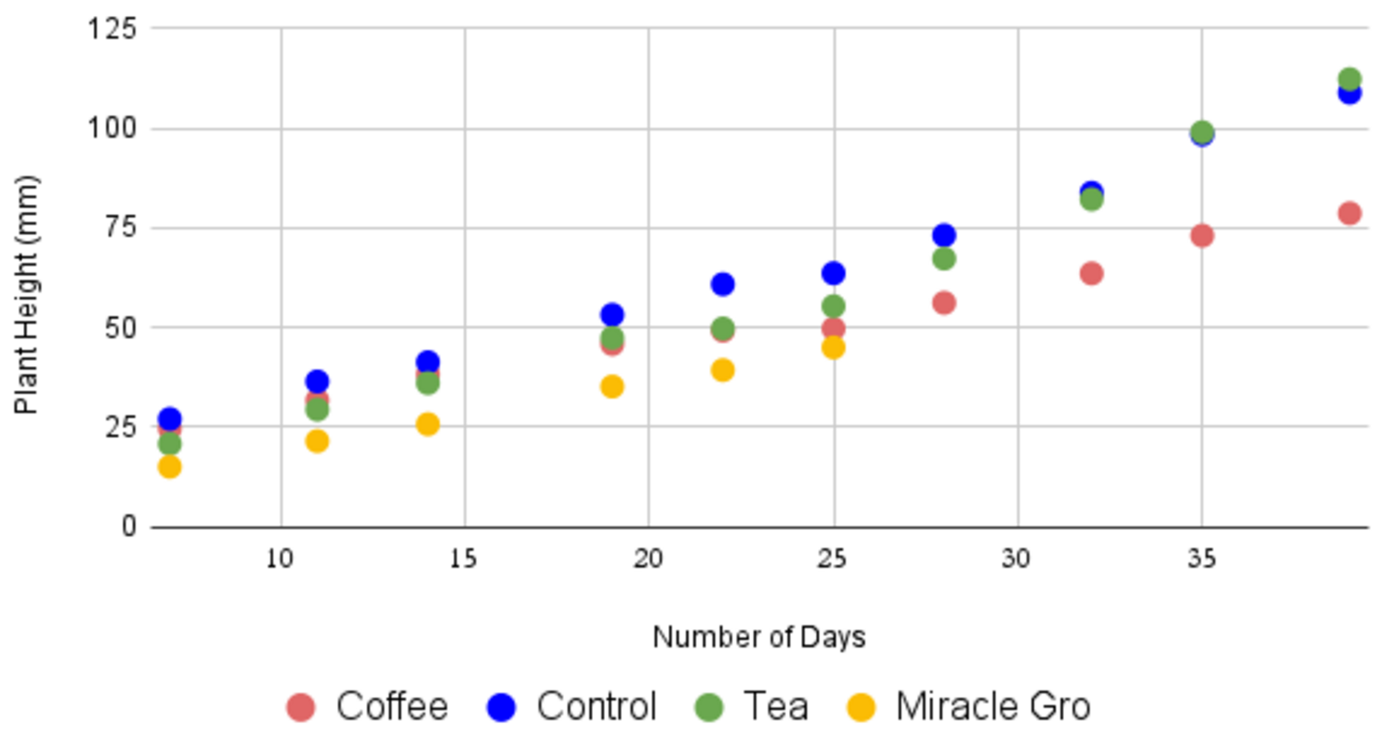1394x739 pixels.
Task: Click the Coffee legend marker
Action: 300,707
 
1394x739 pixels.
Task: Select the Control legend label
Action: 596,706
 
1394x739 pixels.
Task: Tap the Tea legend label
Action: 775,706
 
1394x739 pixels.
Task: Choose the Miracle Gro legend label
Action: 993,706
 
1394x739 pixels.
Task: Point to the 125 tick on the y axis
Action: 112,29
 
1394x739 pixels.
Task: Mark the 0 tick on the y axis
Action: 129,527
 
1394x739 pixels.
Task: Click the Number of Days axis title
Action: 758,638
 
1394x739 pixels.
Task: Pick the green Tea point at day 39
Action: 1349,80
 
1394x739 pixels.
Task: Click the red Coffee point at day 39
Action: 1349,213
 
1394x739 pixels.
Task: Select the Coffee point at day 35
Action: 1202,235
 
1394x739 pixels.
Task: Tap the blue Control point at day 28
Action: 943,235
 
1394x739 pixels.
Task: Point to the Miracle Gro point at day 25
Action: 834,348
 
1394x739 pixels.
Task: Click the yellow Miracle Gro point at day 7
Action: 169,467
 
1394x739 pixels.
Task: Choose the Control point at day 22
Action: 722,284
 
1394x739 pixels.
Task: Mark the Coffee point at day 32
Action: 1091,273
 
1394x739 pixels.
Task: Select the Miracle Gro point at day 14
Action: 427,424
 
